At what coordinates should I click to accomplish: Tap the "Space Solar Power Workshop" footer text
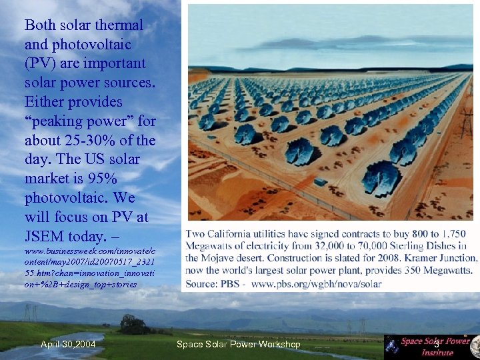click(x=238, y=345)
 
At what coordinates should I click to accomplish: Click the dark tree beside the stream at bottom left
click(x=133, y=325)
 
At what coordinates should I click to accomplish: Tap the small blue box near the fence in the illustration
click(x=321, y=182)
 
